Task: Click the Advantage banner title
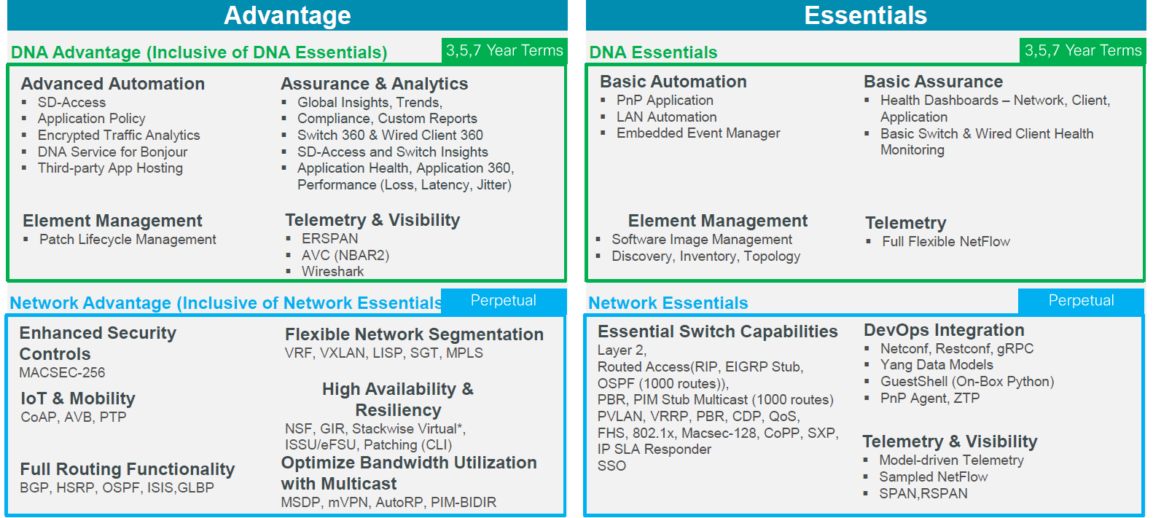click(287, 15)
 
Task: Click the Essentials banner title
click(865, 15)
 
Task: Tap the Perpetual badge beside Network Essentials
click(1081, 300)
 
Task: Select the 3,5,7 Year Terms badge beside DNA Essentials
click(1083, 50)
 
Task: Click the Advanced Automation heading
click(113, 83)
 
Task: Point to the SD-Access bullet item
click(71, 103)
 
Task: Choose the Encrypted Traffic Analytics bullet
click(119, 136)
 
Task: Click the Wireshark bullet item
click(332, 271)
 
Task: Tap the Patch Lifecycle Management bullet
click(128, 240)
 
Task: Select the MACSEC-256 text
click(62, 372)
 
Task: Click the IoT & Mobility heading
click(78, 398)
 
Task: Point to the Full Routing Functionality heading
click(127, 468)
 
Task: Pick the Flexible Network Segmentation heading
click(415, 334)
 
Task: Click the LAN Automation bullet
click(667, 117)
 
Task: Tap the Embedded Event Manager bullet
click(698, 133)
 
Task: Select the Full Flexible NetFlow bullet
click(946, 241)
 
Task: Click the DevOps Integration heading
click(944, 330)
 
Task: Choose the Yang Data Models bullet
click(937, 365)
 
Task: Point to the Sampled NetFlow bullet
click(933, 477)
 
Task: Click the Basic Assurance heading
click(933, 82)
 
